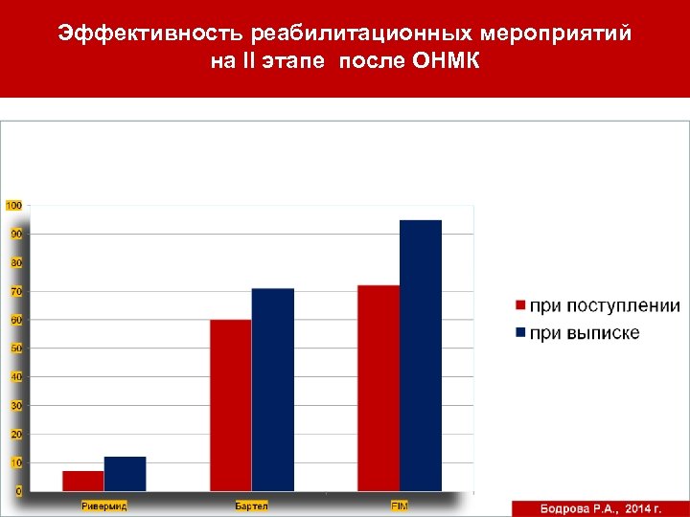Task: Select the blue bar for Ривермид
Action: click(x=125, y=474)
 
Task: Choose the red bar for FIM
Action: click(x=379, y=388)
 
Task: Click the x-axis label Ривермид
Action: click(x=104, y=505)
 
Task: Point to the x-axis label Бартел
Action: click(x=252, y=505)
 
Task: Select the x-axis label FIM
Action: click(x=400, y=505)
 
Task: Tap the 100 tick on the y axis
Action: click(x=14, y=205)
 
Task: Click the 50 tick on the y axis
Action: click(x=16, y=348)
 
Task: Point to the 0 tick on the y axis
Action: click(x=19, y=491)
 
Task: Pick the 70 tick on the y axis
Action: click(x=16, y=291)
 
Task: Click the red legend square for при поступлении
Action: click(x=520, y=306)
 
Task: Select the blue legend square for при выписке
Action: click(x=520, y=333)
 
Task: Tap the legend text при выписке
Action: click(x=585, y=333)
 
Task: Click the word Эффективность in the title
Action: click(x=150, y=34)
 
